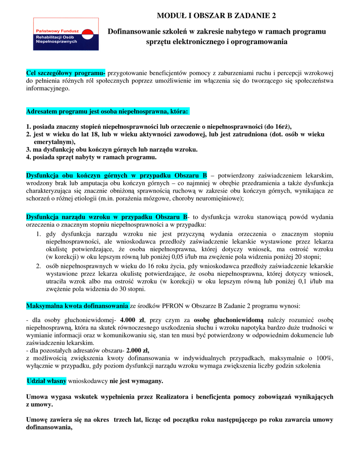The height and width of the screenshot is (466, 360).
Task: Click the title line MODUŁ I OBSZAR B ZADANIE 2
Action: [x=216, y=16]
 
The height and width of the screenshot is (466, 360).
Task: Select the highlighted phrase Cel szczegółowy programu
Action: [x=66, y=74]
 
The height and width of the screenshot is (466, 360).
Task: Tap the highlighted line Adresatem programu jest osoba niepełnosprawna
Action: [x=108, y=111]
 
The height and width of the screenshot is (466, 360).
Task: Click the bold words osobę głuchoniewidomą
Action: [x=228, y=319]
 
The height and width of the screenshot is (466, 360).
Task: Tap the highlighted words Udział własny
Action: [x=47, y=380]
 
